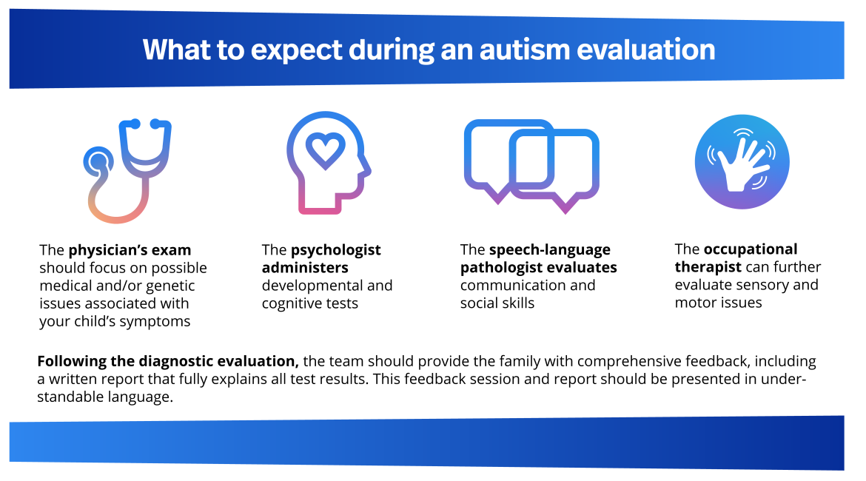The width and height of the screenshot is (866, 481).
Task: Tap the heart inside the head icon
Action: [x=326, y=151]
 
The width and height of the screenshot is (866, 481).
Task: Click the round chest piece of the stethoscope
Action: [x=98, y=162]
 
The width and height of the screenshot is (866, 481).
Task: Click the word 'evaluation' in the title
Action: [x=646, y=50]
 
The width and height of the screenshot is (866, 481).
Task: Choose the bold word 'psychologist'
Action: [x=336, y=250]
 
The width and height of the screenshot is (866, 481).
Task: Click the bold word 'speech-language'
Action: [x=550, y=250]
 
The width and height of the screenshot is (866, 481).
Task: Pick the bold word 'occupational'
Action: [x=751, y=249]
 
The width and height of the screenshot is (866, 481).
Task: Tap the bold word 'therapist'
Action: [x=708, y=267]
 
